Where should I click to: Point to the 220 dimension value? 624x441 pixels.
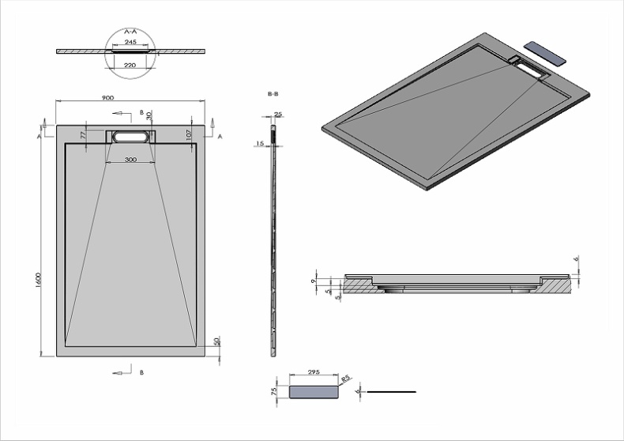(130, 65)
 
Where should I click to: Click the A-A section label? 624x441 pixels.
(131, 29)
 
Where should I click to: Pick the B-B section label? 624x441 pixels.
(273, 93)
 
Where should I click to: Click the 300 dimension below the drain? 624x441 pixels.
(130, 160)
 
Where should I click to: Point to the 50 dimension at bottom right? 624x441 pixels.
(216, 341)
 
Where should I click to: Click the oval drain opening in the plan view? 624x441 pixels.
(130, 136)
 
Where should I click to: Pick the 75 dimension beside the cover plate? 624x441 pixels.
(275, 391)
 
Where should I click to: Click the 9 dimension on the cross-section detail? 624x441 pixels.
(314, 281)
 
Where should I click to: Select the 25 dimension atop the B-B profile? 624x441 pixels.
(279, 115)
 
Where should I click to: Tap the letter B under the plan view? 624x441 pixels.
(141, 371)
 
